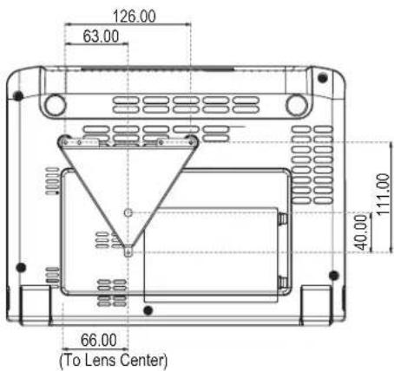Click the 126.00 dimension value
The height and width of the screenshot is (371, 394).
point(135,16)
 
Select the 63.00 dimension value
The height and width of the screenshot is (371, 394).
point(101,36)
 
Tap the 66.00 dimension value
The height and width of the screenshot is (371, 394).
point(99,340)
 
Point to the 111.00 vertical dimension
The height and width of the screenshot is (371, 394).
point(383,194)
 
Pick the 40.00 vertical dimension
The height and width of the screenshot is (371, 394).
point(361,232)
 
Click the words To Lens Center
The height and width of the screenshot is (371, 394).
point(114,360)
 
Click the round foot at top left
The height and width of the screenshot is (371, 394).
point(55,105)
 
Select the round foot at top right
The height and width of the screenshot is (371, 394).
point(297,105)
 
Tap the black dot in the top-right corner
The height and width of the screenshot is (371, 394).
point(323,78)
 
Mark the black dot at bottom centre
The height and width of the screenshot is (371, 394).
point(148,310)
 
